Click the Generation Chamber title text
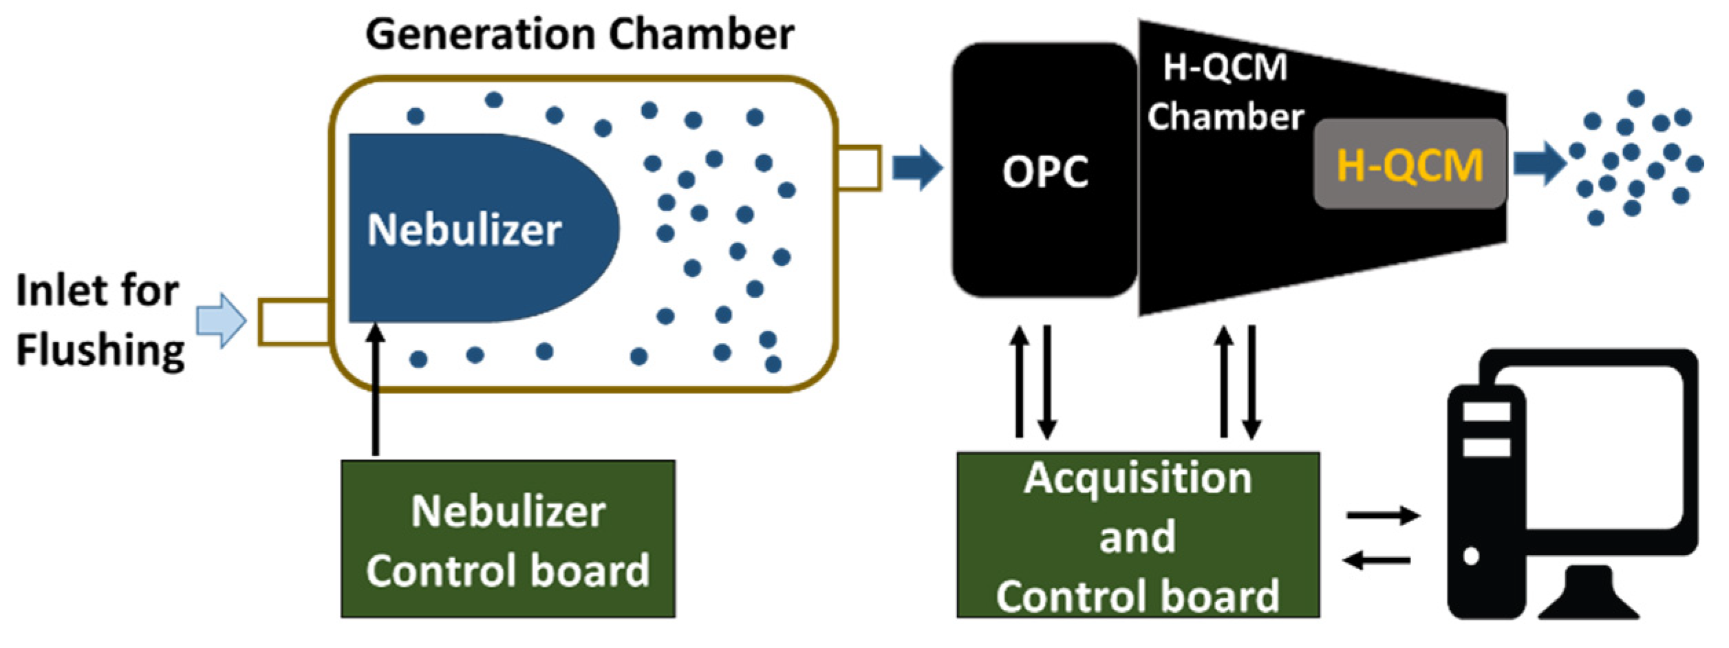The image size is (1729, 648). pyautogui.click(x=579, y=34)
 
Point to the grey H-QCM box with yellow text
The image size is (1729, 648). pyautogui.click(x=1409, y=164)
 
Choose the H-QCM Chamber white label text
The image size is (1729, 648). pyautogui.click(x=1225, y=93)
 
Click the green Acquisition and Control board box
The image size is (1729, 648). pyautogui.click(x=1137, y=535)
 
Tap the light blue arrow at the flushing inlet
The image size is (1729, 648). pyautogui.click(x=221, y=321)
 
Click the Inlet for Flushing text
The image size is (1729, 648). pyautogui.click(x=100, y=320)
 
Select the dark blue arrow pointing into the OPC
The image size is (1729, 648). pyautogui.click(x=917, y=167)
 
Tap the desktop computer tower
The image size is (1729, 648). pyautogui.click(x=1485, y=502)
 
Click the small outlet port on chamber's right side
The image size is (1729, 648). pyautogui.click(x=859, y=168)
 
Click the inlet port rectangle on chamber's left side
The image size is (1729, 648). pyautogui.click(x=294, y=322)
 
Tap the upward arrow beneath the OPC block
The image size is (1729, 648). pyautogui.click(x=1019, y=382)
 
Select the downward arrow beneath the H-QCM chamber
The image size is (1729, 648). pyautogui.click(x=1252, y=382)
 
